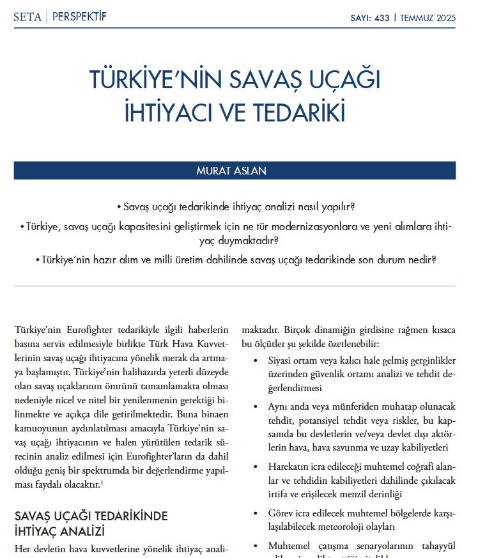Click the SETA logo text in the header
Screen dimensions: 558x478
[27, 17]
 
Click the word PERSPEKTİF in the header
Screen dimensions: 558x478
[79, 17]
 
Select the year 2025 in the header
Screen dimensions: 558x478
[443, 18]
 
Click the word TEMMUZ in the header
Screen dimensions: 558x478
[416, 18]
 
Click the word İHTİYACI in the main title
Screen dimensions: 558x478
[167, 111]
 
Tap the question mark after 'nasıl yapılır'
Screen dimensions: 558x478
[353, 207]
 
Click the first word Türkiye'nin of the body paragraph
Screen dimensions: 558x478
[39, 330]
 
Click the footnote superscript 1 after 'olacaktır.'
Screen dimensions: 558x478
[102, 482]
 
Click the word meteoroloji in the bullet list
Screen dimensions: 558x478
[340, 527]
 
